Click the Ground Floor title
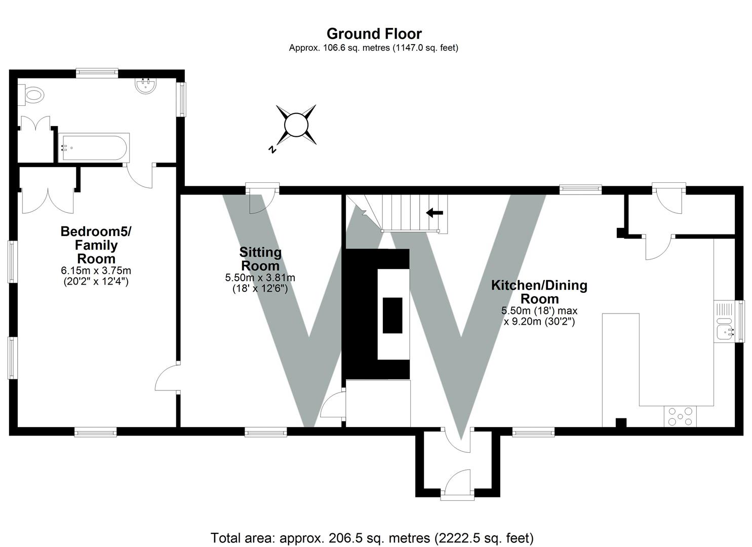coord(374,34)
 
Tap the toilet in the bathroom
coord(32,95)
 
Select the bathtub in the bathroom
coord(94,147)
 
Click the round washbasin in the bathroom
coord(146,86)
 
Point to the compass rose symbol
coord(296,125)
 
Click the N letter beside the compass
coord(272,149)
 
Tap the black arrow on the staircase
coord(434,213)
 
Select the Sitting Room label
coord(260,259)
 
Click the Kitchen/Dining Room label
coord(539,292)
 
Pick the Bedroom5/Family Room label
coord(96,245)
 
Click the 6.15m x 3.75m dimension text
coord(96,271)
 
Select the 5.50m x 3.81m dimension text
coord(260,278)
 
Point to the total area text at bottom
coord(372,537)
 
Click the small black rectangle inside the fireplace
coord(392,315)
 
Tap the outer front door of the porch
coord(458,484)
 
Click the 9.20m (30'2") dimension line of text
coord(539,321)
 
